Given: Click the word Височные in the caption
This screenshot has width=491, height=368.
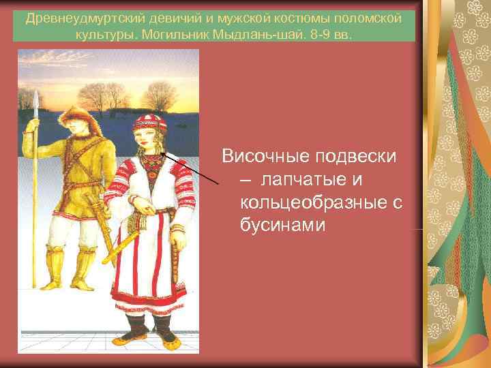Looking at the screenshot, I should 266,156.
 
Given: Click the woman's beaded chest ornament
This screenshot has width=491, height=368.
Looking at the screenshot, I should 151,164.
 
